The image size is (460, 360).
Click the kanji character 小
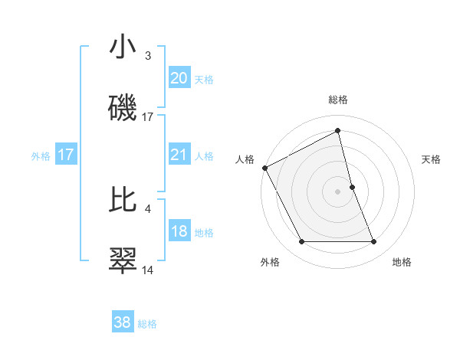pos(123,47)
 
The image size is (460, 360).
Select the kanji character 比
pos(123,200)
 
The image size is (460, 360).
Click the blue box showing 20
pos(179,78)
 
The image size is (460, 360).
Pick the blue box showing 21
pos(179,155)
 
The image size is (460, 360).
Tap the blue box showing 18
pos(179,231)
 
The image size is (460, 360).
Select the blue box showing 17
pos(65,155)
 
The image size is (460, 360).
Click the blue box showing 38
pos(122,322)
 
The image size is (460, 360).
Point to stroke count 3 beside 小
pos(148,56)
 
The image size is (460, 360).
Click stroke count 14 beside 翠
pos(148,270)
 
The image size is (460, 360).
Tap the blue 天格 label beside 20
pos(204,80)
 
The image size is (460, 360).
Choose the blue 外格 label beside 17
pos(41,156)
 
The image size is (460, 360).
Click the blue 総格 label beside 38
pos(147,324)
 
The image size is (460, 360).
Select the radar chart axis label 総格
pos(338,100)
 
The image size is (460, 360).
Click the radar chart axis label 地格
pos(402,263)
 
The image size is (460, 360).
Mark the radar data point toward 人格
pos(264,168)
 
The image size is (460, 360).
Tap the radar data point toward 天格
pos(352,187)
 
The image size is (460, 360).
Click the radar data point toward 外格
pos(301,242)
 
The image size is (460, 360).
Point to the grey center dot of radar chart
pos(338,191)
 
